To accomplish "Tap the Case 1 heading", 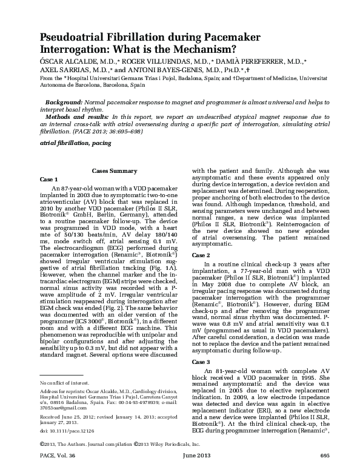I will pos(48,180).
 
